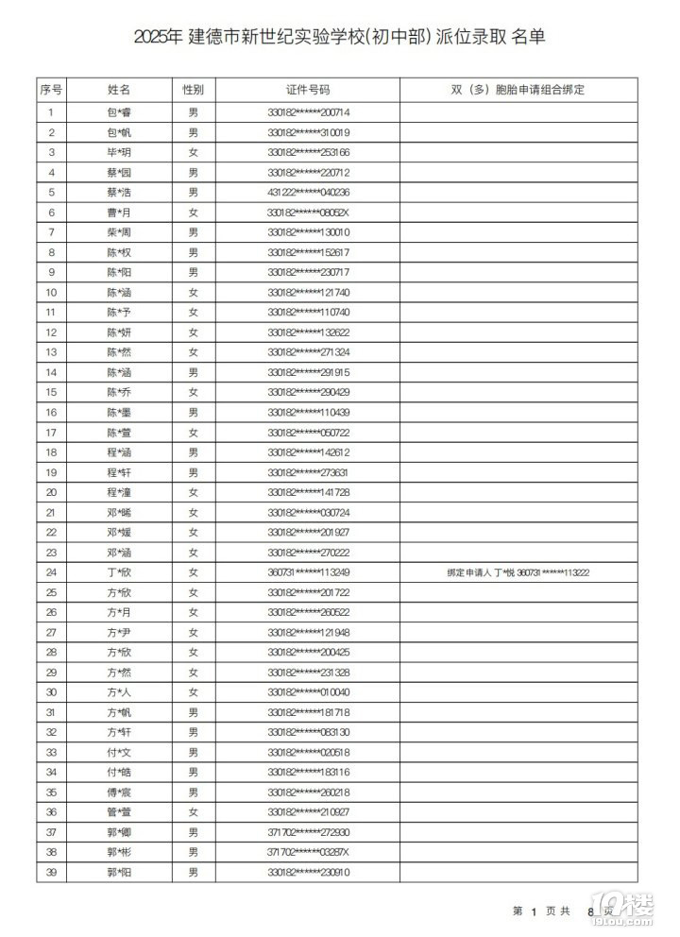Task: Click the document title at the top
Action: click(x=339, y=37)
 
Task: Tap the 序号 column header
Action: click(x=51, y=91)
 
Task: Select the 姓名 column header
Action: click(x=119, y=91)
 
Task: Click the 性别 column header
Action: click(x=193, y=91)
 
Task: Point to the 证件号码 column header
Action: click(x=308, y=91)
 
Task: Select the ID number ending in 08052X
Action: click(x=309, y=213)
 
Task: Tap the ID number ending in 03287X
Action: click(x=309, y=853)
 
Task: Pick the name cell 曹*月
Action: click(x=119, y=213)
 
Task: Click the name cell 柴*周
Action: click(x=119, y=232)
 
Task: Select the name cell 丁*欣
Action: click(x=119, y=572)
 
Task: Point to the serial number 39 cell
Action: click(x=51, y=873)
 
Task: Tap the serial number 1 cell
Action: click(x=51, y=112)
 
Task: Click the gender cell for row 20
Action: click(x=193, y=492)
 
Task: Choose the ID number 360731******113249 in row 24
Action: click(x=309, y=572)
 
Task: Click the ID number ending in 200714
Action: click(x=309, y=112)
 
